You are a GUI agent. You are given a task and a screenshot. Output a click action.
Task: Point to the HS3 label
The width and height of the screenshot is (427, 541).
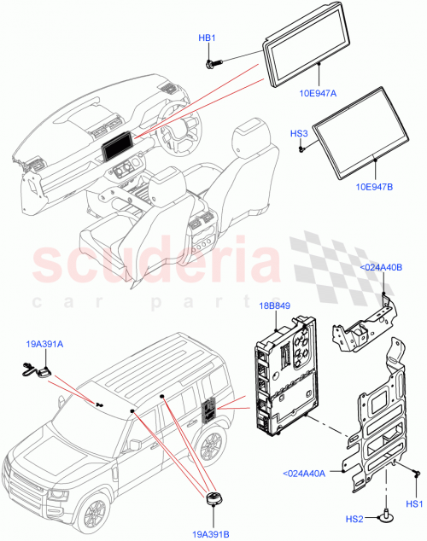pos(300,135)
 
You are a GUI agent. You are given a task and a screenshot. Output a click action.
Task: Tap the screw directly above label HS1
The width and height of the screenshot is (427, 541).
pos(413,472)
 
